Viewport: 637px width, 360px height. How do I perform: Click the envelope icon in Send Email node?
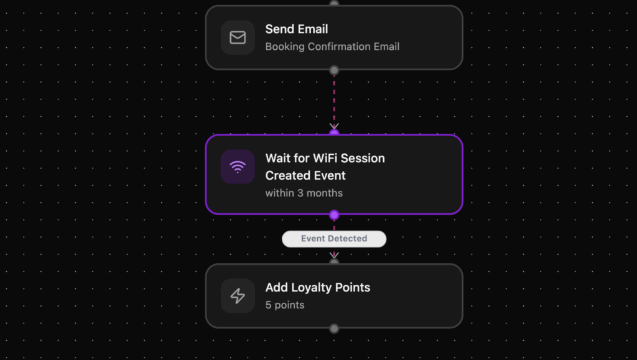[238, 37]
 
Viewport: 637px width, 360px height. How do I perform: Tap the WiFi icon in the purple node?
[238, 167]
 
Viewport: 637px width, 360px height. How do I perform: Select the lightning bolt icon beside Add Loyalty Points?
[238, 296]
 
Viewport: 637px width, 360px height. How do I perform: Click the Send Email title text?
[297, 29]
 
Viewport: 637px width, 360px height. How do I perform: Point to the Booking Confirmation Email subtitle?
[332, 47]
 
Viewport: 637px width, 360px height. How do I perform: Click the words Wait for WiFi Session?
[325, 159]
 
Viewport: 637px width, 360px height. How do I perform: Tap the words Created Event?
[305, 175]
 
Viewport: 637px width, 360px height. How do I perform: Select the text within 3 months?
[304, 193]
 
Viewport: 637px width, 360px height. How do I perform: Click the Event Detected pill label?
[334, 239]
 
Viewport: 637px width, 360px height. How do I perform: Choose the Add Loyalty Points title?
[317, 288]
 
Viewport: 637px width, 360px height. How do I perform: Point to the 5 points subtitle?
[285, 305]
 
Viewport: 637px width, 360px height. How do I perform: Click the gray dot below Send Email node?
[334, 70]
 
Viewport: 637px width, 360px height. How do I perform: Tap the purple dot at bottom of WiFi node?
[334, 215]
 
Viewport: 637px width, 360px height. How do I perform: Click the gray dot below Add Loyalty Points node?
[334, 328]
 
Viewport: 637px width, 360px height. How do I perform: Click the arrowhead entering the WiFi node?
[334, 126]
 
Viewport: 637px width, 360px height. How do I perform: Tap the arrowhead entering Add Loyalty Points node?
[334, 255]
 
